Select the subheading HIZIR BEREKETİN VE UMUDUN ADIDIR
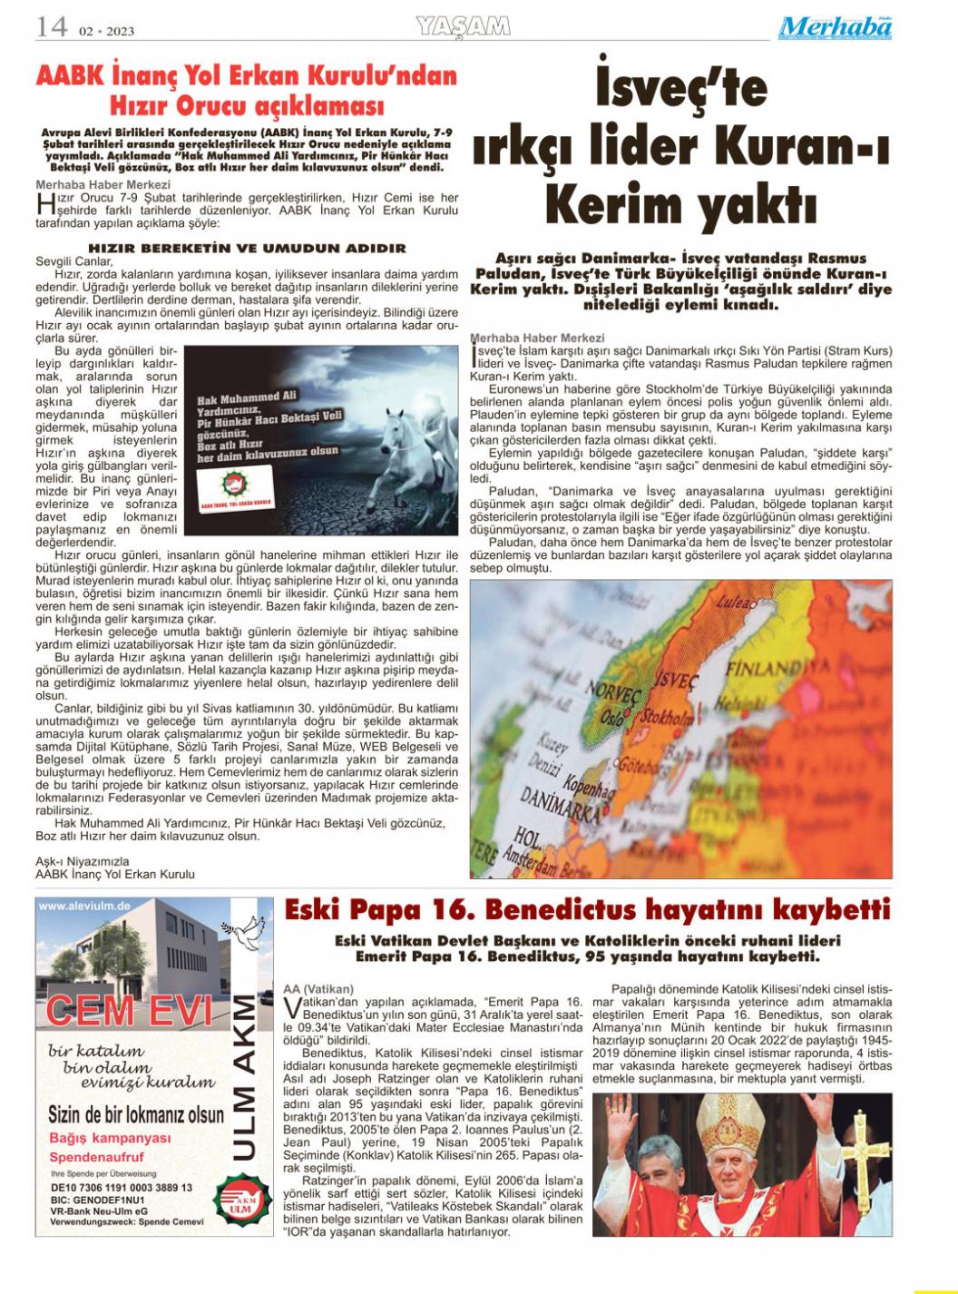coord(247,248)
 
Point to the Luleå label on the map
coord(735,601)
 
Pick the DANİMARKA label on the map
coord(554,807)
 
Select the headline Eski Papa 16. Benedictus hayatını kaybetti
coord(588,909)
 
